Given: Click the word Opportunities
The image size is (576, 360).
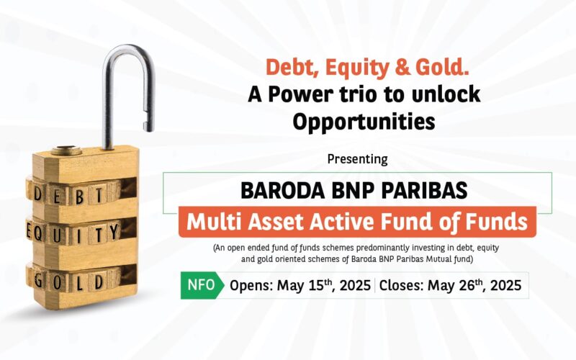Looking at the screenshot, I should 363,121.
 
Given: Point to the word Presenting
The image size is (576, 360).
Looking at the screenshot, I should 357,158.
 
